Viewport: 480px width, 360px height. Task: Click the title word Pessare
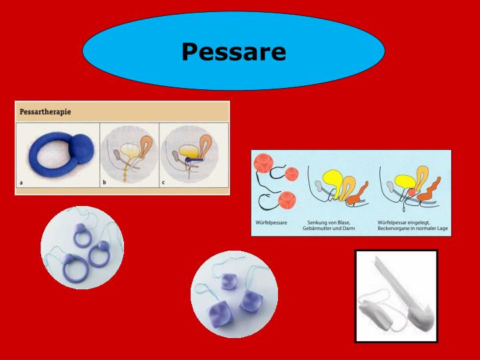click(233, 51)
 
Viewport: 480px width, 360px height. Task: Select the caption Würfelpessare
click(270, 223)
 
